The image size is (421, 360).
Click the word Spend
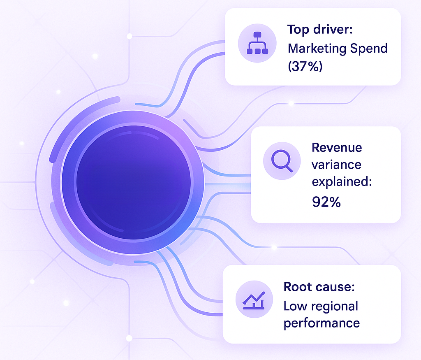368,49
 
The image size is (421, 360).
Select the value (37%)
305,66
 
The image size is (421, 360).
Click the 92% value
326,202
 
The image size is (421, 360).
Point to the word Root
298,287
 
